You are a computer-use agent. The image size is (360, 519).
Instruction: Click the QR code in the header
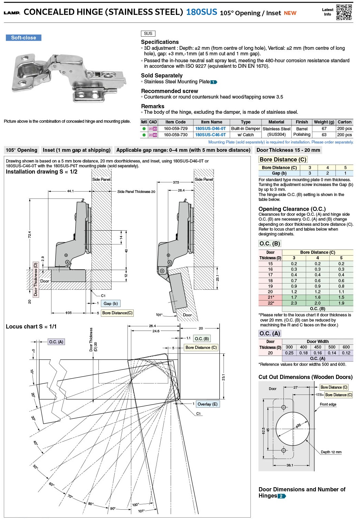click(344, 12)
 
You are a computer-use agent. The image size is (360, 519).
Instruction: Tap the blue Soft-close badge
click(23, 38)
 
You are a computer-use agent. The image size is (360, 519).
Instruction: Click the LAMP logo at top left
click(12, 13)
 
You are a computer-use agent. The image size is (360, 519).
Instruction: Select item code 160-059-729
click(176, 129)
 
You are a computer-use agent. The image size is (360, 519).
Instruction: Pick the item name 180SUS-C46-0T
click(210, 135)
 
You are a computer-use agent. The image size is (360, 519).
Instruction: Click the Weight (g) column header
click(324, 122)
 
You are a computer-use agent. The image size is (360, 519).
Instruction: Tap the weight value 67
click(324, 129)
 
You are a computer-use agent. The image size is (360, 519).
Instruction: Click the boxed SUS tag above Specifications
click(148, 34)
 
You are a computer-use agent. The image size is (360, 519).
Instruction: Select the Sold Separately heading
click(162, 76)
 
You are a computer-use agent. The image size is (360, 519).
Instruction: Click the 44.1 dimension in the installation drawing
click(70, 191)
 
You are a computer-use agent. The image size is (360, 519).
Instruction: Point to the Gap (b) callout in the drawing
click(111, 304)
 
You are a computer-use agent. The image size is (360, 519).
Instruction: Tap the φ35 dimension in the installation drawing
click(68, 313)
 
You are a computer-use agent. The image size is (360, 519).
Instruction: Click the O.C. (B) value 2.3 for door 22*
click(294, 303)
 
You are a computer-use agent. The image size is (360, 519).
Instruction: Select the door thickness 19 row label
click(270, 286)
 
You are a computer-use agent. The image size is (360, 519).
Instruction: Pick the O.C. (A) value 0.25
click(289, 353)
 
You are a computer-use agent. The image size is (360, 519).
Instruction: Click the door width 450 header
click(318, 347)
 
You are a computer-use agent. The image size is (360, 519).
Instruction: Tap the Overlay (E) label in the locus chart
click(207, 404)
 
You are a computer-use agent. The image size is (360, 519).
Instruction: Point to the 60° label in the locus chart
click(51, 484)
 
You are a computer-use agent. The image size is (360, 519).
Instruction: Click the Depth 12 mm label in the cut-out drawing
click(331, 452)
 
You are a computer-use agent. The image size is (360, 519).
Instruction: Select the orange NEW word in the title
click(290, 13)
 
